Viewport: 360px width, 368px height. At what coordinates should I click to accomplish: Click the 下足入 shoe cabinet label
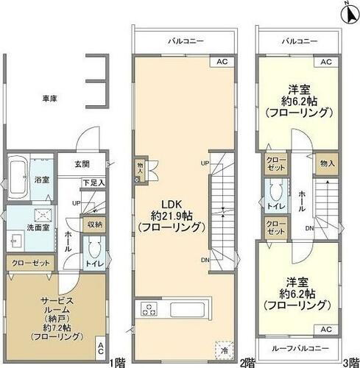pos(93,182)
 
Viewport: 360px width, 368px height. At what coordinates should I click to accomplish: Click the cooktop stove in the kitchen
pos(147,308)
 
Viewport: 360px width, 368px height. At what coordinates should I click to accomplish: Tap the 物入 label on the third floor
pos(327,164)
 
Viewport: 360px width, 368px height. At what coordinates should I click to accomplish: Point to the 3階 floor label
pos(350,363)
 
